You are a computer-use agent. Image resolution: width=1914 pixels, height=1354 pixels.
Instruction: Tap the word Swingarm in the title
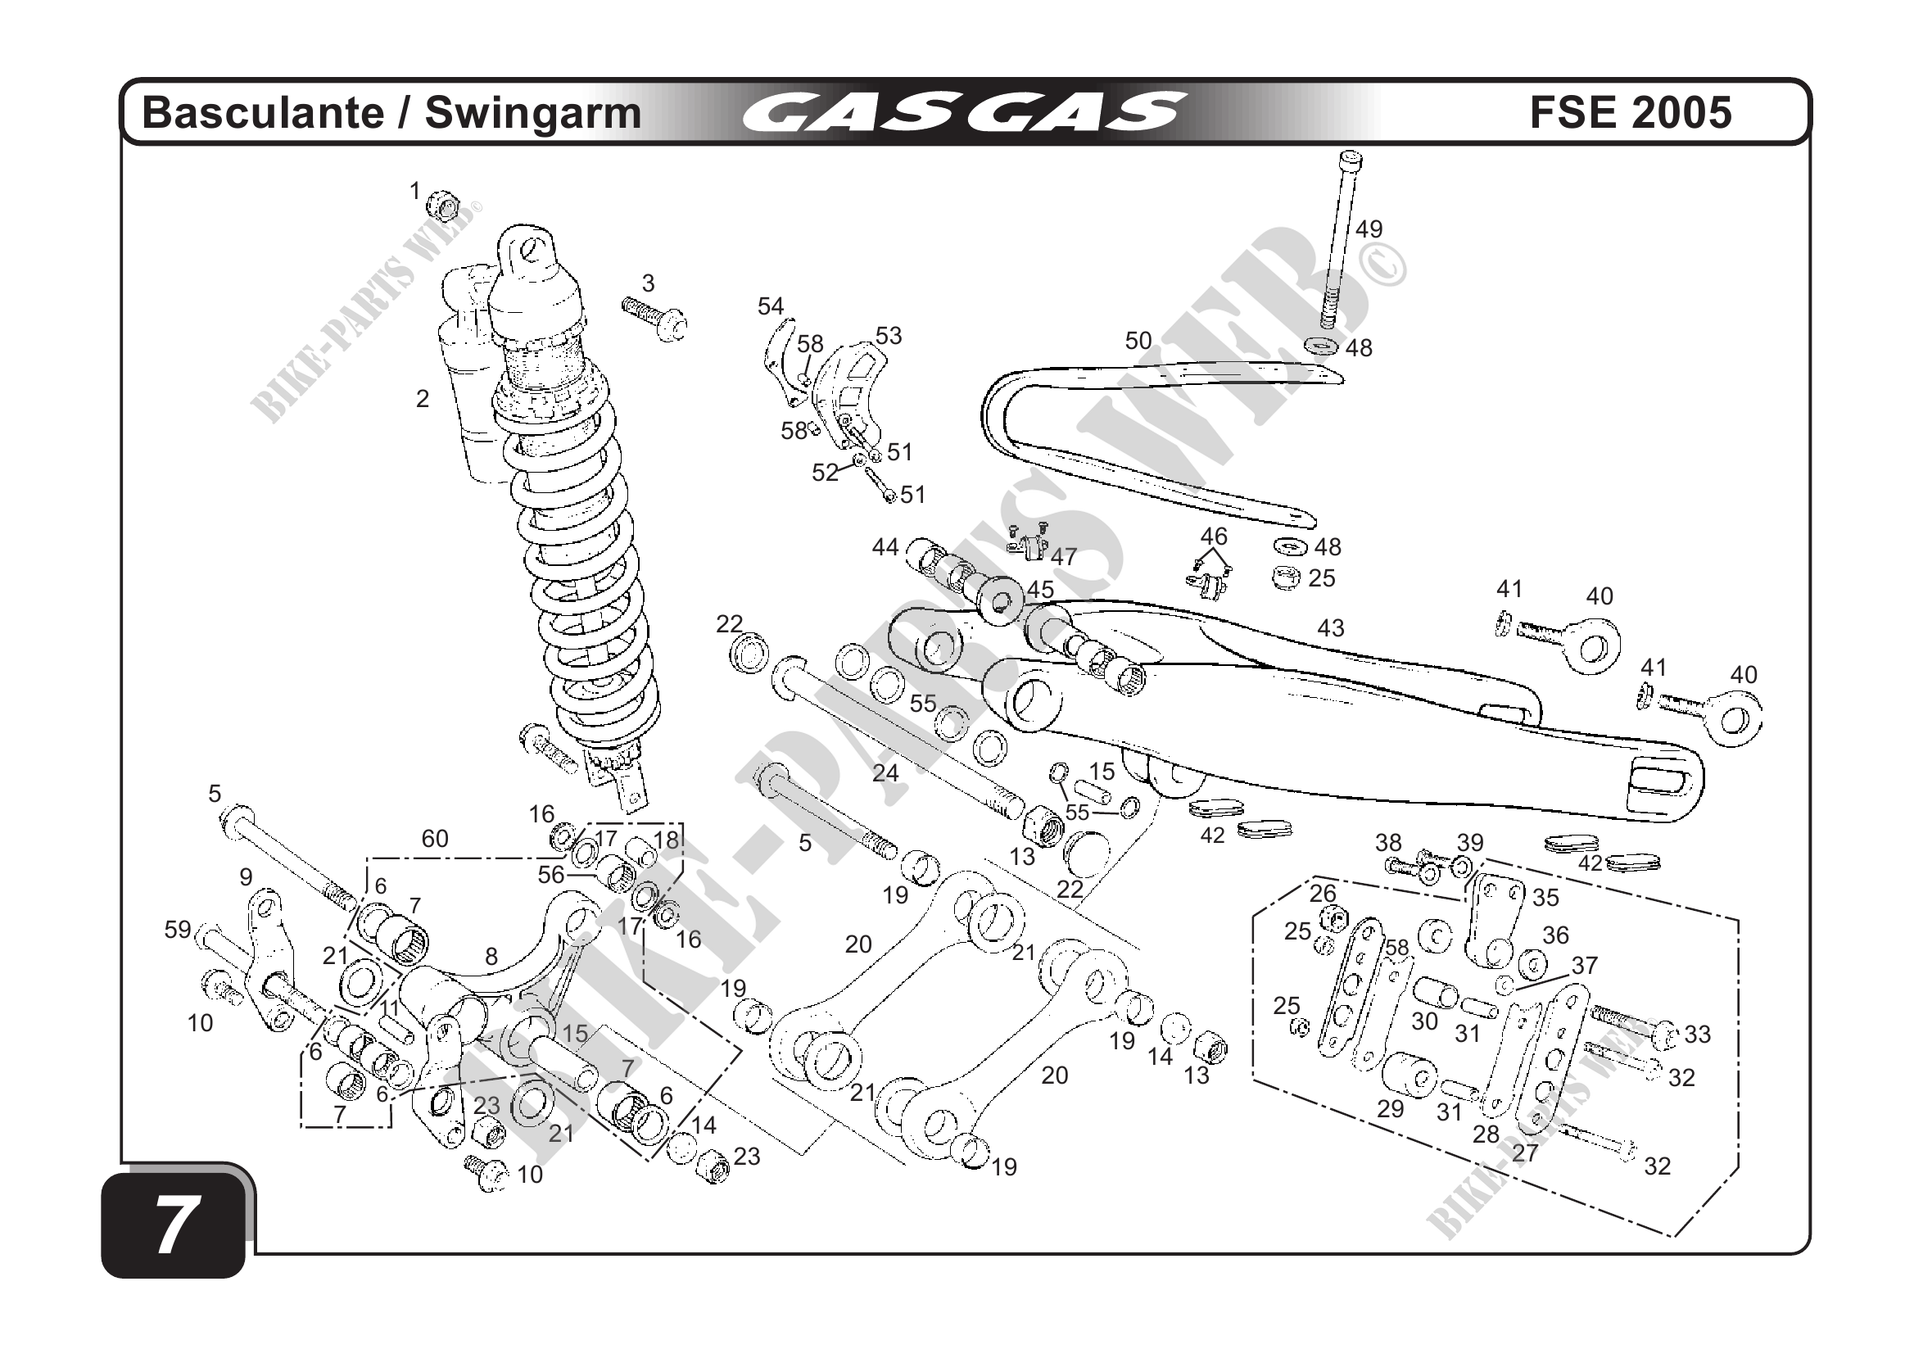click(533, 113)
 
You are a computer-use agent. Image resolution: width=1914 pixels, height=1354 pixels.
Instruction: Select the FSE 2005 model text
click(1631, 113)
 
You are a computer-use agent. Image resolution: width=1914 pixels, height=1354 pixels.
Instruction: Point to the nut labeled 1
click(445, 205)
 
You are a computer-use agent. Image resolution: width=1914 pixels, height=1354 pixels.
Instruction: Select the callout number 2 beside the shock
click(423, 400)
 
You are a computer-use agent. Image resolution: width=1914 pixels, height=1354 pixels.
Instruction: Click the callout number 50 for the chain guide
click(1138, 341)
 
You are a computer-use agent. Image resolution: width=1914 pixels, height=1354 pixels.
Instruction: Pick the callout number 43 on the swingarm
click(1330, 627)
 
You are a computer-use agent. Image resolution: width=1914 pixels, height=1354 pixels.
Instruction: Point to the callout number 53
click(889, 336)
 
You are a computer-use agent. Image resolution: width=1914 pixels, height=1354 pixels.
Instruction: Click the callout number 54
click(770, 307)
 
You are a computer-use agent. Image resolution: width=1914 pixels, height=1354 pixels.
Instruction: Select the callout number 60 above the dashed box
click(434, 839)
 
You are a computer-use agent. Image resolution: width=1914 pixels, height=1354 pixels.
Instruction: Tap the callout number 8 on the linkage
click(491, 956)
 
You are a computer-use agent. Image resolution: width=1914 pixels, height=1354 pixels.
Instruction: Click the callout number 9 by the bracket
click(245, 877)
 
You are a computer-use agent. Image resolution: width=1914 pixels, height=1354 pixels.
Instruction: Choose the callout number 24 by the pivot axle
click(885, 773)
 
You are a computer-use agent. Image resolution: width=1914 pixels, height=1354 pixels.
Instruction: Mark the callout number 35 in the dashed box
click(1545, 898)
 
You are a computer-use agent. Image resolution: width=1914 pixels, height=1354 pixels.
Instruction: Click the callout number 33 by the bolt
click(1697, 1035)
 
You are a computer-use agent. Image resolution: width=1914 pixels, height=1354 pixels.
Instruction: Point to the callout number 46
click(1214, 536)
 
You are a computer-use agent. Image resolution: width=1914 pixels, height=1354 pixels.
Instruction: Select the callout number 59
click(178, 930)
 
